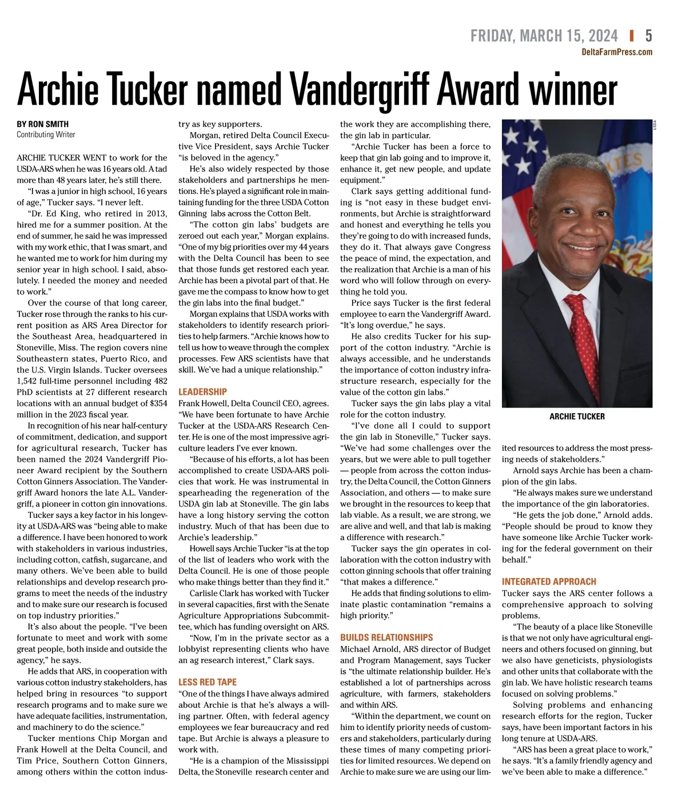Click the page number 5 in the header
[x=648, y=36]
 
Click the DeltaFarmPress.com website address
[x=617, y=52]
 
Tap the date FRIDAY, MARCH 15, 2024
[x=544, y=36]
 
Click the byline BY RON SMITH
[x=43, y=124]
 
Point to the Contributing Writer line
[x=46, y=134]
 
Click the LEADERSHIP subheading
[x=202, y=392]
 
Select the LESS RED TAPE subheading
[x=207, y=682]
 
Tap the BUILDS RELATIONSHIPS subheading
[x=386, y=637]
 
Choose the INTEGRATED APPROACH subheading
[x=549, y=581]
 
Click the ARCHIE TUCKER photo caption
[x=577, y=417]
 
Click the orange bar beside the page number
[x=632, y=36]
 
